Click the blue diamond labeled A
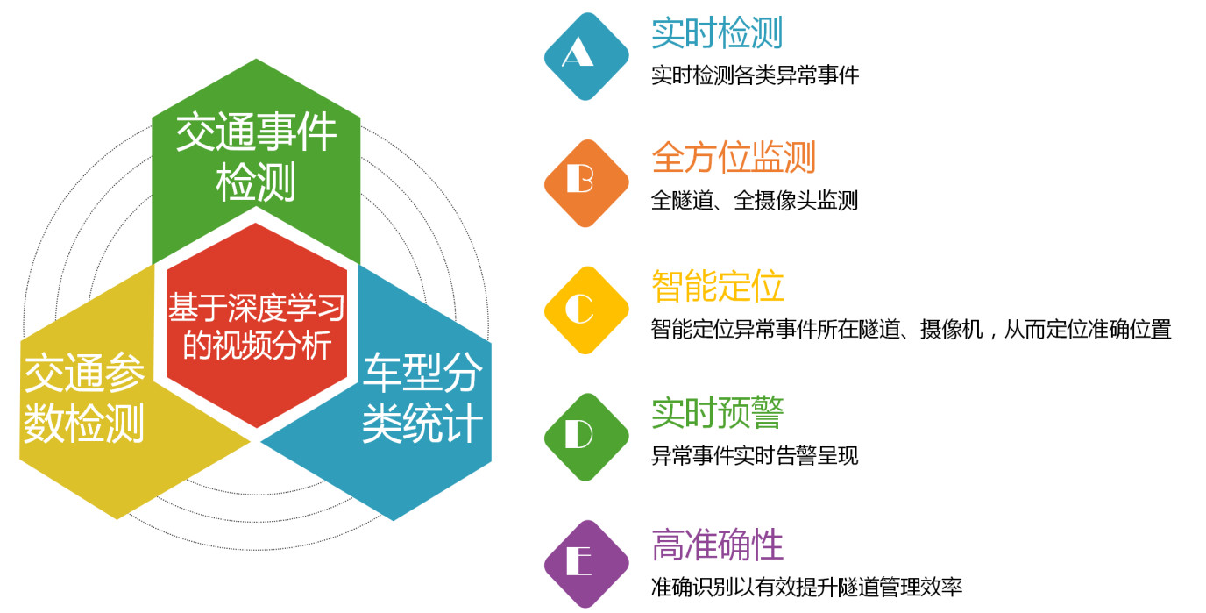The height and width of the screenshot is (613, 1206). tap(586, 56)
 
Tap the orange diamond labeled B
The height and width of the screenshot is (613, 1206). tap(586, 183)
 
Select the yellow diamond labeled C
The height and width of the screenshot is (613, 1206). tap(586, 310)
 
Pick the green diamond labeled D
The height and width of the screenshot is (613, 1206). tap(586, 437)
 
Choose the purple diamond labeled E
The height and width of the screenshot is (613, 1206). tap(586, 564)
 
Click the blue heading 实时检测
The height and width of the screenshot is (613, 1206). tap(717, 32)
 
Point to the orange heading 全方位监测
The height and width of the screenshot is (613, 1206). tap(734, 157)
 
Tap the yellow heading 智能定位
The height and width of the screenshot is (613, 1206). tap(717, 286)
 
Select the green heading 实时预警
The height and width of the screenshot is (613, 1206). tap(717, 412)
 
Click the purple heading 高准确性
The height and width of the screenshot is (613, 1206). tap(717, 545)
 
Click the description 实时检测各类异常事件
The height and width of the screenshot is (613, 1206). tap(755, 75)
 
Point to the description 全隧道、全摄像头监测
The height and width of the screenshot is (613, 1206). tap(755, 200)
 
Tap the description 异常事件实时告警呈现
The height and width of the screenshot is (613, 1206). tap(755, 456)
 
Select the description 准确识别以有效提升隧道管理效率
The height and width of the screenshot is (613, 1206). tap(806, 587)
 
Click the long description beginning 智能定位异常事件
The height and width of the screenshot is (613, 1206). tap(911, 329)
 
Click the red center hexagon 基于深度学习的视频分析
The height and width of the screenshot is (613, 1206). tap(257, 325)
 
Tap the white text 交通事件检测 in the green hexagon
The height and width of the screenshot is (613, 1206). tap(256, 157)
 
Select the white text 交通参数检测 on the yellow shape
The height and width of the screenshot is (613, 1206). tap(84, 397)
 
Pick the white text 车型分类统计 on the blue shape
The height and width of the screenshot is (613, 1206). tap(422, 397)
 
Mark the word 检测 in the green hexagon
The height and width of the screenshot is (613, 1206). tap(256, 182)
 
